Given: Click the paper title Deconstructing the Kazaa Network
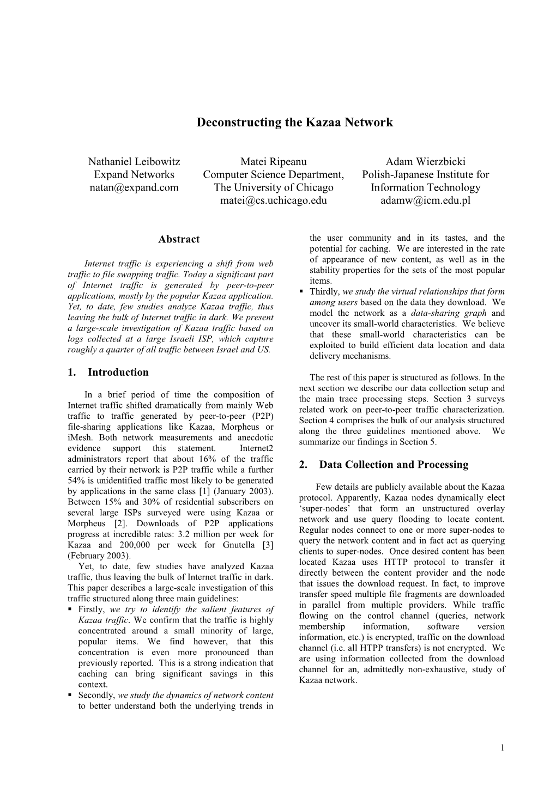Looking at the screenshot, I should point(294,122).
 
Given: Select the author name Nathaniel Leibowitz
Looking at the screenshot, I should point(134,161).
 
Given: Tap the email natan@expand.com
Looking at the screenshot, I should point(134,187).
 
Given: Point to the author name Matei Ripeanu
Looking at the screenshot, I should point(274,161).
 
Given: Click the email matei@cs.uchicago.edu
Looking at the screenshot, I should point(274,200).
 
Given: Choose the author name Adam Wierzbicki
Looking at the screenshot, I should point(426,161).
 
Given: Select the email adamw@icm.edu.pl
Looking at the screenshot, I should point(426,200).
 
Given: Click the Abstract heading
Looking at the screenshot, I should point(179,239).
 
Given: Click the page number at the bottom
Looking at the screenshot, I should point(503,748).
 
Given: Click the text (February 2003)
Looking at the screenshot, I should point(99,556).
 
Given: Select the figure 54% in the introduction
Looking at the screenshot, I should point(77,480).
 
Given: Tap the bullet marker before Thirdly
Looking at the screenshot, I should point(301,292).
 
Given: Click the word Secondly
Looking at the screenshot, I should point(96,695).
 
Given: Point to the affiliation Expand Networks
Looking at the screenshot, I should point(134,174).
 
